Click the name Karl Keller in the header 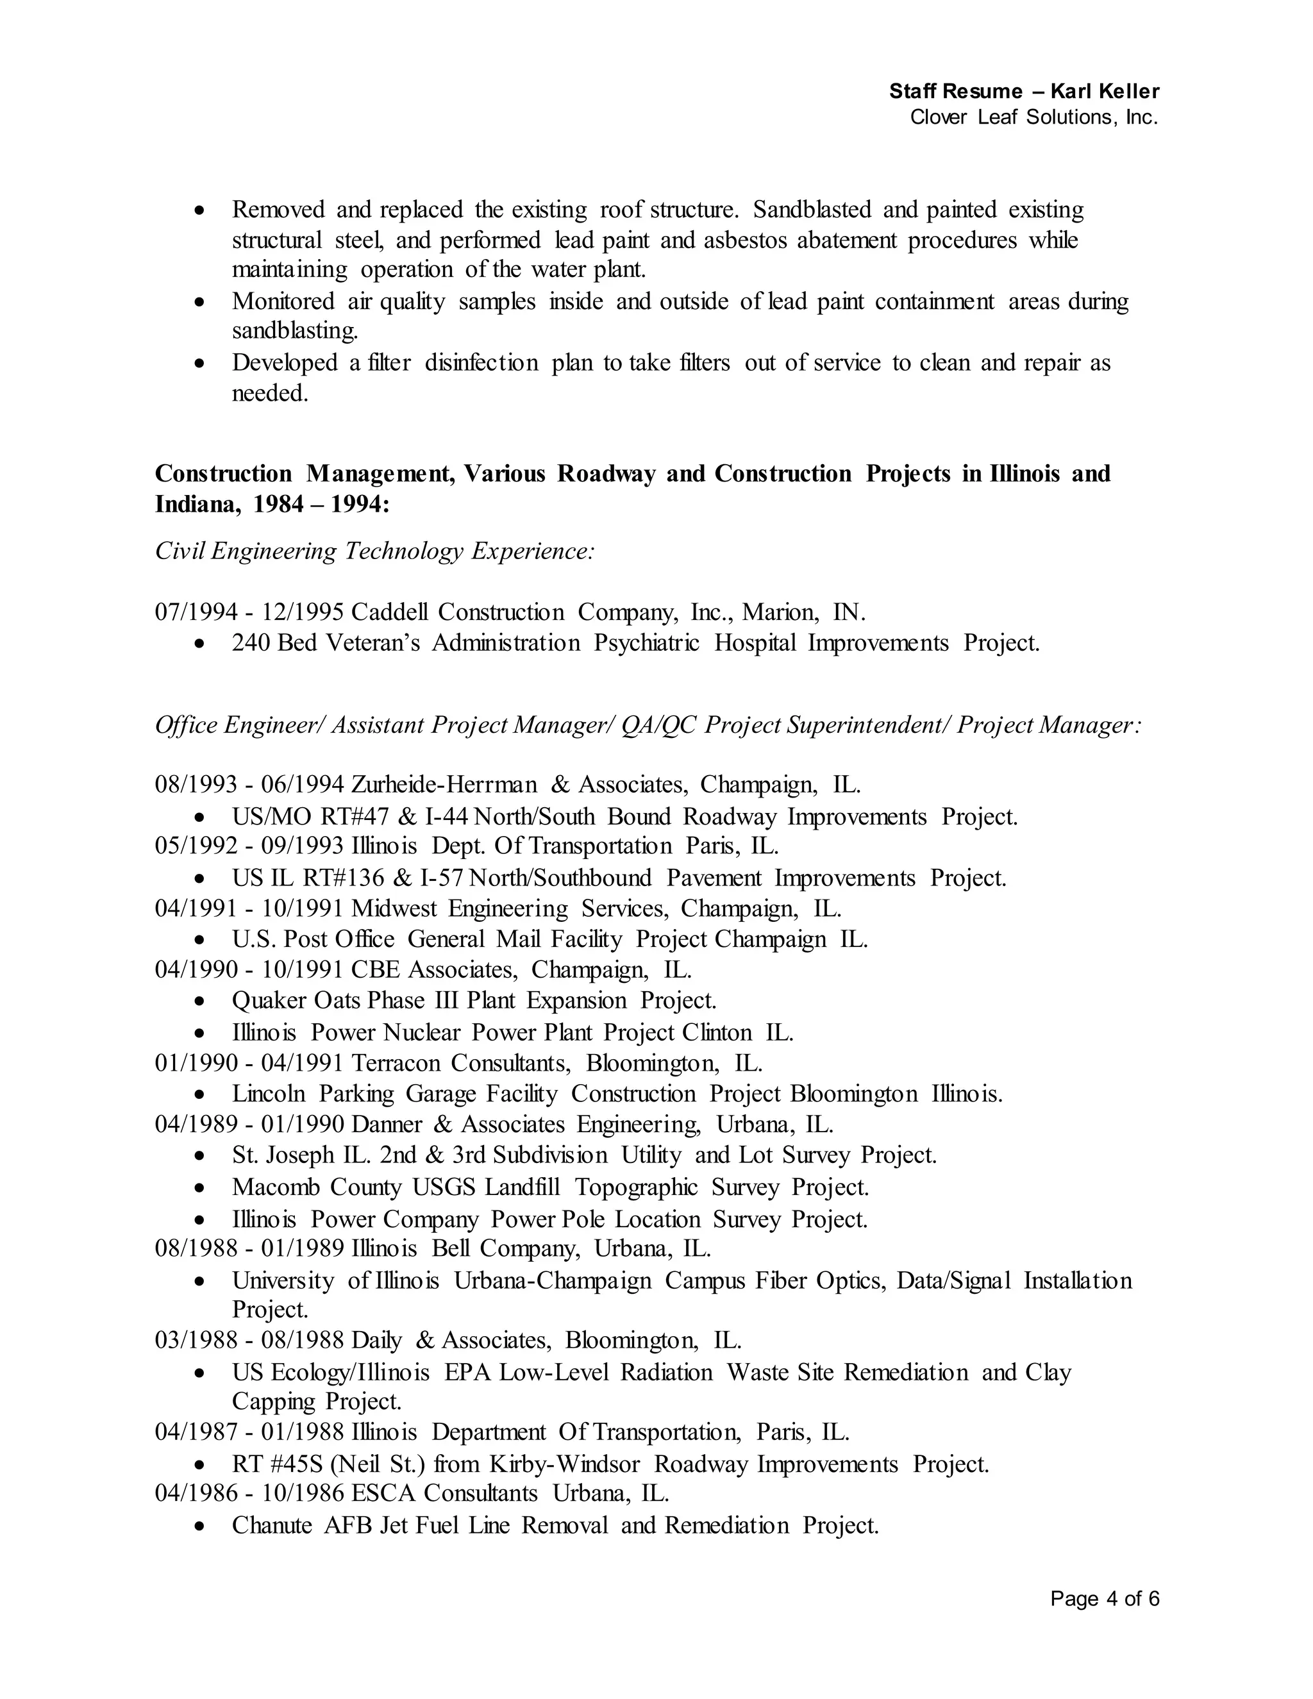[1104, 91]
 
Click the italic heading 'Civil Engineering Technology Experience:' [375, 551]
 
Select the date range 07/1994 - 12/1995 [249, 613]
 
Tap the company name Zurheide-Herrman [444, 784]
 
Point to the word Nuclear [422, 1033]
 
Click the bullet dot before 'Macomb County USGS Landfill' [201, 1188]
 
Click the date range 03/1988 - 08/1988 [249, 1341]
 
